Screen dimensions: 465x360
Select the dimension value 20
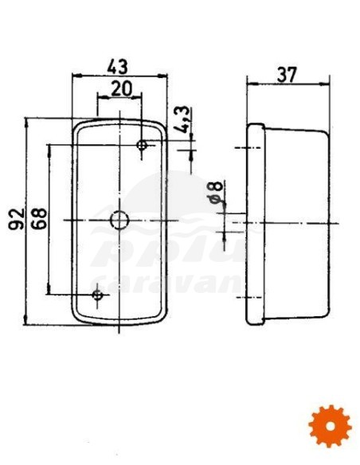click(121, 88)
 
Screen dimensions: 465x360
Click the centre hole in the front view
click(119, 219)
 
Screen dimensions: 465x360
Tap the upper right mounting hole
click(143, 146)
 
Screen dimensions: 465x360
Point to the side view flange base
click(256, 223)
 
